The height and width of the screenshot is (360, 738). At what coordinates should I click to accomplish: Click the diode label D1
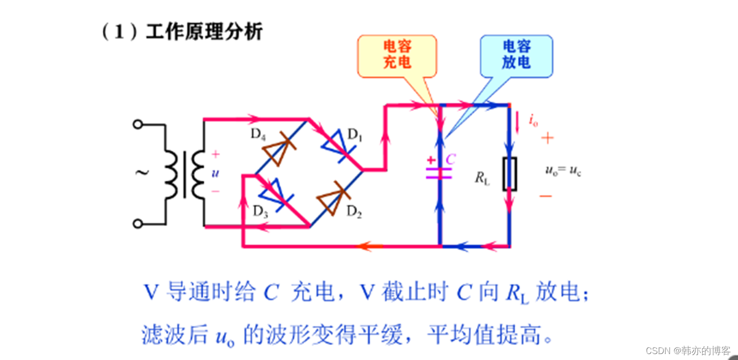355,134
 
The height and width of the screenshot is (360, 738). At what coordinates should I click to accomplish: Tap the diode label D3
260,212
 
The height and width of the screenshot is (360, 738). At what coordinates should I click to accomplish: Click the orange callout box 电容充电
397,55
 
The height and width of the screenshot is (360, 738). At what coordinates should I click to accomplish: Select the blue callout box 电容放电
516,55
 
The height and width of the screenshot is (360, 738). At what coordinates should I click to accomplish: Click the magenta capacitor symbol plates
439,173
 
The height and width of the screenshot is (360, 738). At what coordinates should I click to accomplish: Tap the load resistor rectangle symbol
509,174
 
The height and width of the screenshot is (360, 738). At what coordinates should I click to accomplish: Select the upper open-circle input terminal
138,124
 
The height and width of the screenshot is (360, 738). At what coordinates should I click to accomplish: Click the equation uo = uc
563,171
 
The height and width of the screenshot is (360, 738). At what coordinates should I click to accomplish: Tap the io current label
533,121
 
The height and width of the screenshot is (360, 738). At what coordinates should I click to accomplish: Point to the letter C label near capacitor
450,160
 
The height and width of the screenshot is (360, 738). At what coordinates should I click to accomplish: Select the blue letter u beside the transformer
215,173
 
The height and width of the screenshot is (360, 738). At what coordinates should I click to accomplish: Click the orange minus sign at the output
546,196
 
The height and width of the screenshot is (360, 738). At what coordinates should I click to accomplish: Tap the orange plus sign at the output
547,138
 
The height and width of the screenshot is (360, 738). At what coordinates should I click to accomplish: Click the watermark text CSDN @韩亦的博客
688,351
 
